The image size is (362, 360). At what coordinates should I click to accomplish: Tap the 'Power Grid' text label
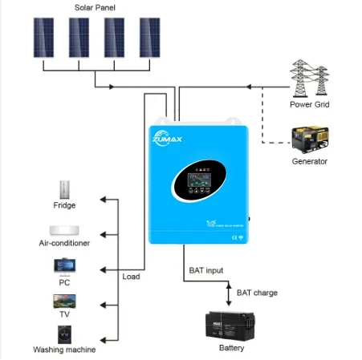[x=310, y=104]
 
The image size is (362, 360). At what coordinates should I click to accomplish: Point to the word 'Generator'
[x=309, y=161]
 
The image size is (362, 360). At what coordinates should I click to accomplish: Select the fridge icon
[x=64, y=190]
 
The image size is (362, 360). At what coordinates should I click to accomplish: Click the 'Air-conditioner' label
[x=64, y=243]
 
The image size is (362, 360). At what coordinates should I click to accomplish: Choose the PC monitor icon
[x=64, y=265]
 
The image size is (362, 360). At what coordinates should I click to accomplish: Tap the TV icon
[x=64, y=301]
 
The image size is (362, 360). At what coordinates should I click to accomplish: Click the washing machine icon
[x=64, y=333]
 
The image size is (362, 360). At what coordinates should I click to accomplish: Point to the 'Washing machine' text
[x=64, y=350]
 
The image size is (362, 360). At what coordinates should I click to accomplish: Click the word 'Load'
[x=131, y=277]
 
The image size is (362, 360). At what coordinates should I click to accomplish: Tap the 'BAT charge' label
[x=257, y=293]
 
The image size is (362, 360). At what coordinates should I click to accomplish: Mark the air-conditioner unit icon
[x=64, y=228]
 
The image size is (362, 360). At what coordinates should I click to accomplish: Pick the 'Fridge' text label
[x=64, y=206]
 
